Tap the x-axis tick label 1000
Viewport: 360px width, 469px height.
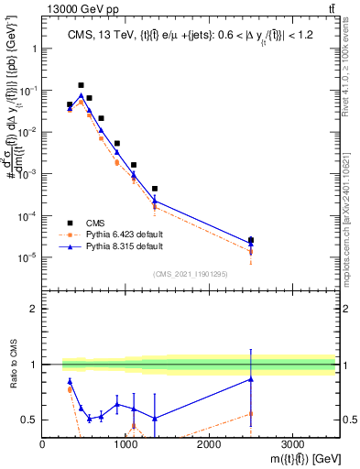pos(125,443)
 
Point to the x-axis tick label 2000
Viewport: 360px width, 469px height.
pos(209,443)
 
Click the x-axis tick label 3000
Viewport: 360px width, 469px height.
pos(292,443)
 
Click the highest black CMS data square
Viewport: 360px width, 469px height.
pos(81,85)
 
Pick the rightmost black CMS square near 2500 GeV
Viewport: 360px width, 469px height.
pos(251,240)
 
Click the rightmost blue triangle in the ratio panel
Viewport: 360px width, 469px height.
pos(251,379)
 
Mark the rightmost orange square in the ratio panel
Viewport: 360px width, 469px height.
pos(251,414)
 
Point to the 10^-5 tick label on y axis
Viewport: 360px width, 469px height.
pos(27,257)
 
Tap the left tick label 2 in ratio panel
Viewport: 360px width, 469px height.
pos(34,309)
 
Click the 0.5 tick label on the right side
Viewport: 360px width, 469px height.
pos(348,420)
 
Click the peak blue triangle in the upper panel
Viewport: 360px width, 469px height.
pos(81,95)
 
